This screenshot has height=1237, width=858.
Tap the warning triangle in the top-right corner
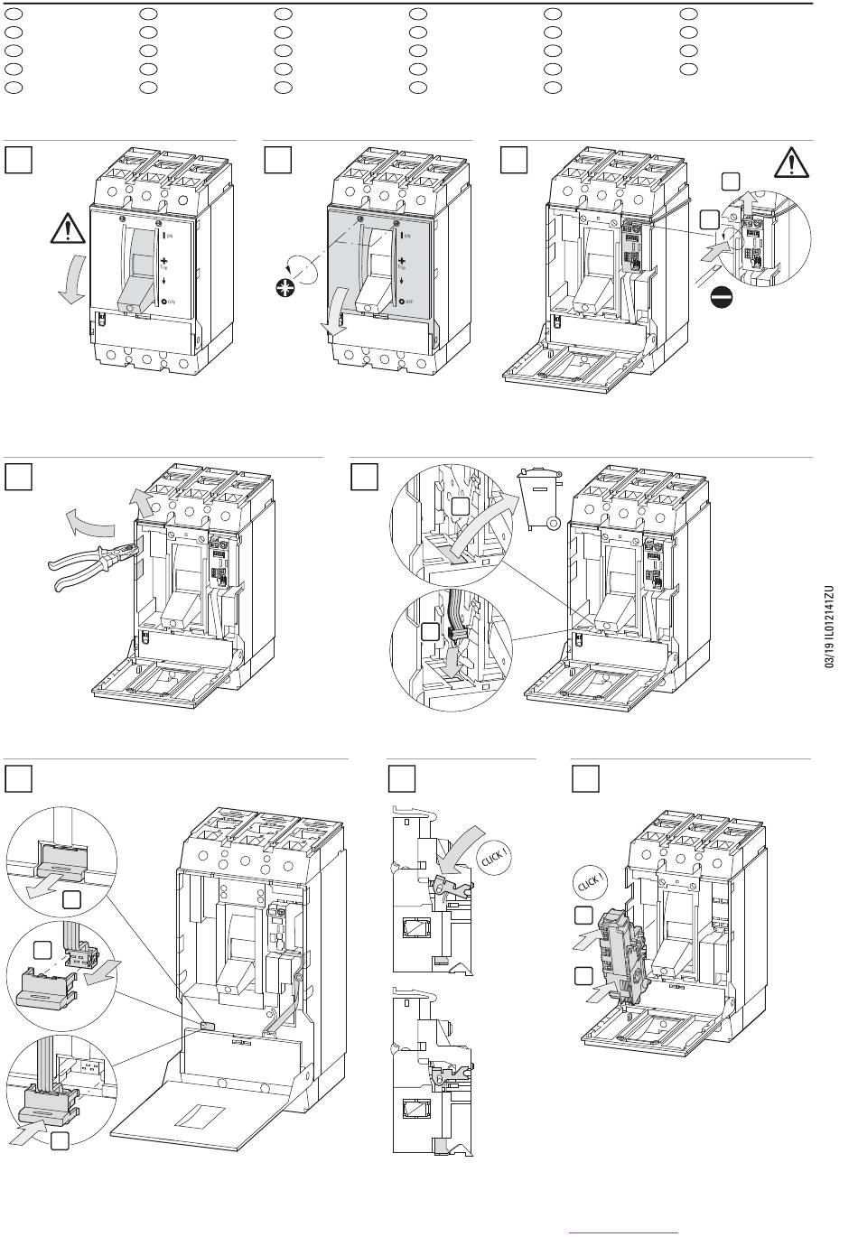792,163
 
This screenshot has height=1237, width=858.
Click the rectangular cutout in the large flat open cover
203,1115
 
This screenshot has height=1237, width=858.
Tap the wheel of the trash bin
554,523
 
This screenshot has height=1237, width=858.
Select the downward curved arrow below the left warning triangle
70,281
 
